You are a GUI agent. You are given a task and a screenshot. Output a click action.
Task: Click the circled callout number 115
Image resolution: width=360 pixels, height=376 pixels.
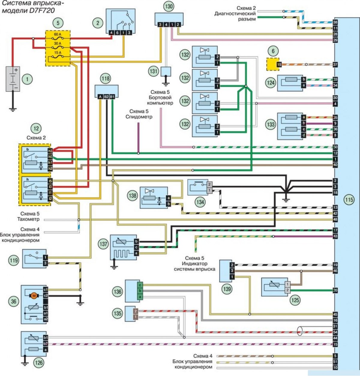tap(349, 199)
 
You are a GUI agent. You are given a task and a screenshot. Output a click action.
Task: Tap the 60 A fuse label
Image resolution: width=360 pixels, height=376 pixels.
tap(57, 34)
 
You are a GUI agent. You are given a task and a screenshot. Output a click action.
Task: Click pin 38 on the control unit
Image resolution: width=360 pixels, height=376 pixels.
tap(335, 22)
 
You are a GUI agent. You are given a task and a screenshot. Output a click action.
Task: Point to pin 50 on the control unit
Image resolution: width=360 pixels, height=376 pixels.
tap(335, 147)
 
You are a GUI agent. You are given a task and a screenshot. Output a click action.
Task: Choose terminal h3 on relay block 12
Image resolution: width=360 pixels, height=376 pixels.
tap(50, 151)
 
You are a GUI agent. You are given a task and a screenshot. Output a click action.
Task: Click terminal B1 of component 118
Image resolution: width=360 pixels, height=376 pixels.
tap(112, 97)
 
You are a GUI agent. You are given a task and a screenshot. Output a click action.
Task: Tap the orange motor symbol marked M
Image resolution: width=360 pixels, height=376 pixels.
tap(34, 296)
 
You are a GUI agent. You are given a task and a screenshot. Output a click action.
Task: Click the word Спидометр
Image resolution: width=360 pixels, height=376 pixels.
tap(139, 117)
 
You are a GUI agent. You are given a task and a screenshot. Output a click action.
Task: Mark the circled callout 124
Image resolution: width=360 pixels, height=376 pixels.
tap(271, 82)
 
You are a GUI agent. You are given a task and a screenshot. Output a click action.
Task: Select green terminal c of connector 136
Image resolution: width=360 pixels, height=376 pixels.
tap(140, 285)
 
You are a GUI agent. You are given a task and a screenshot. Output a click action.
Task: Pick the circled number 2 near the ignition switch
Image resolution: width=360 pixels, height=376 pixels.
tap(97, 23)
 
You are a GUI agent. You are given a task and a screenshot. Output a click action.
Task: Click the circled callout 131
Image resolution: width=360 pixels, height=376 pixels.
tap(153, 71)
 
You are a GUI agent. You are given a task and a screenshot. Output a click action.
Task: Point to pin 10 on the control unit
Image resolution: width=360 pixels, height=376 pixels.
tap(335, 368)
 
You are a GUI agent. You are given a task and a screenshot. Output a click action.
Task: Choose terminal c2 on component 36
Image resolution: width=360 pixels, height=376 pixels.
tap(46, 296)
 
